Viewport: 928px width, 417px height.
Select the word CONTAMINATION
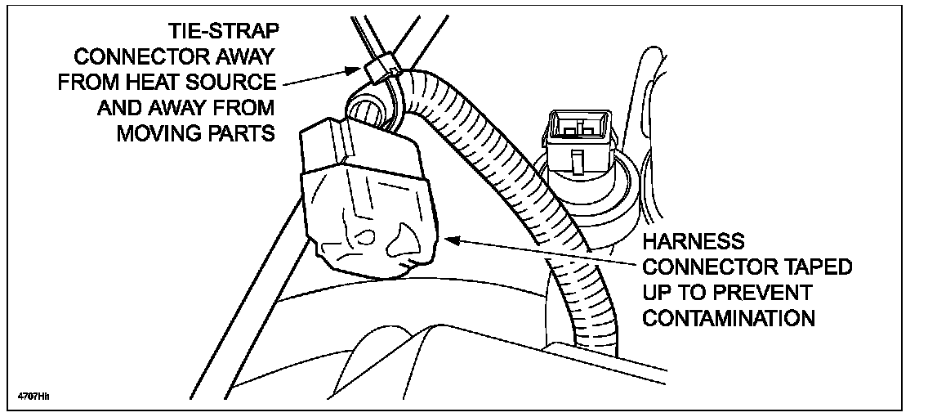point(729,318)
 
